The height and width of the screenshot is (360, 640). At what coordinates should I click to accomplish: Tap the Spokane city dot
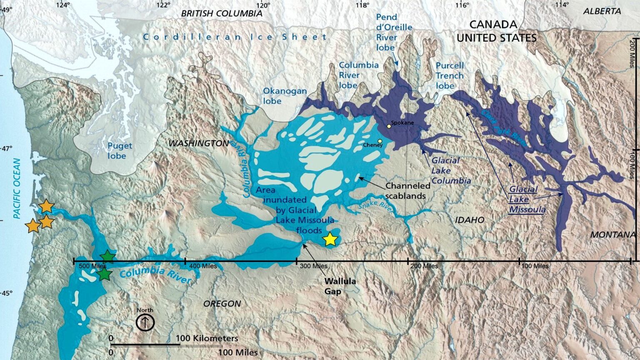389,126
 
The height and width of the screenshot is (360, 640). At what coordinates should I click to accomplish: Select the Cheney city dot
380,141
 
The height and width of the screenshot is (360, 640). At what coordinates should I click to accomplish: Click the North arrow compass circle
145,322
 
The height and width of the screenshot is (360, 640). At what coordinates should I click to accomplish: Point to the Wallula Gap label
340,286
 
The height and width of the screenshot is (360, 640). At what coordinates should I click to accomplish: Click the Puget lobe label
120,151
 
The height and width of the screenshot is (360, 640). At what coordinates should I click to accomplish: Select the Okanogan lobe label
285,96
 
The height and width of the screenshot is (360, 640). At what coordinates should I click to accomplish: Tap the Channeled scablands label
407,191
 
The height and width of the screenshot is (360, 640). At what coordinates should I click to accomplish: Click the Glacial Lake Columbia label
450,170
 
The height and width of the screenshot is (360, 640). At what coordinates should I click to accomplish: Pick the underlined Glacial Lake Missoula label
526,200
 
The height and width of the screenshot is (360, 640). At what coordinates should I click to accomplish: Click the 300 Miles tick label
313,266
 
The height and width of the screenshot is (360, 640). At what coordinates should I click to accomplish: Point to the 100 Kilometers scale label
207,338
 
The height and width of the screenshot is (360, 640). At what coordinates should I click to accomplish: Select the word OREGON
222,304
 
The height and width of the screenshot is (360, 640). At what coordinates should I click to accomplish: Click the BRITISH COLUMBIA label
222,13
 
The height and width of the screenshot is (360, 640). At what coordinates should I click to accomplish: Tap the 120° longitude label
263,5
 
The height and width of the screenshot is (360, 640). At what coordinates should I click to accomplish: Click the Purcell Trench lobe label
450,76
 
